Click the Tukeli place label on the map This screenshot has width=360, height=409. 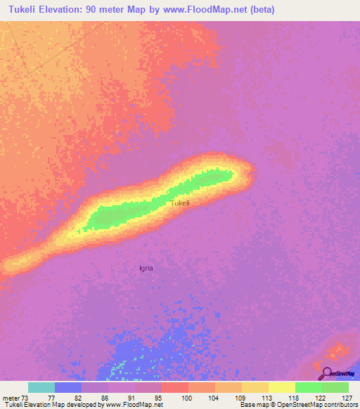tap(180, 203)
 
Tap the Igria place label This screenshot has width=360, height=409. tap(146, 268)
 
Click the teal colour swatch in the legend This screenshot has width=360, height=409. tap(41, 387)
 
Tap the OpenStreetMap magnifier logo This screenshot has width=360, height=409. tap(328, 373)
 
